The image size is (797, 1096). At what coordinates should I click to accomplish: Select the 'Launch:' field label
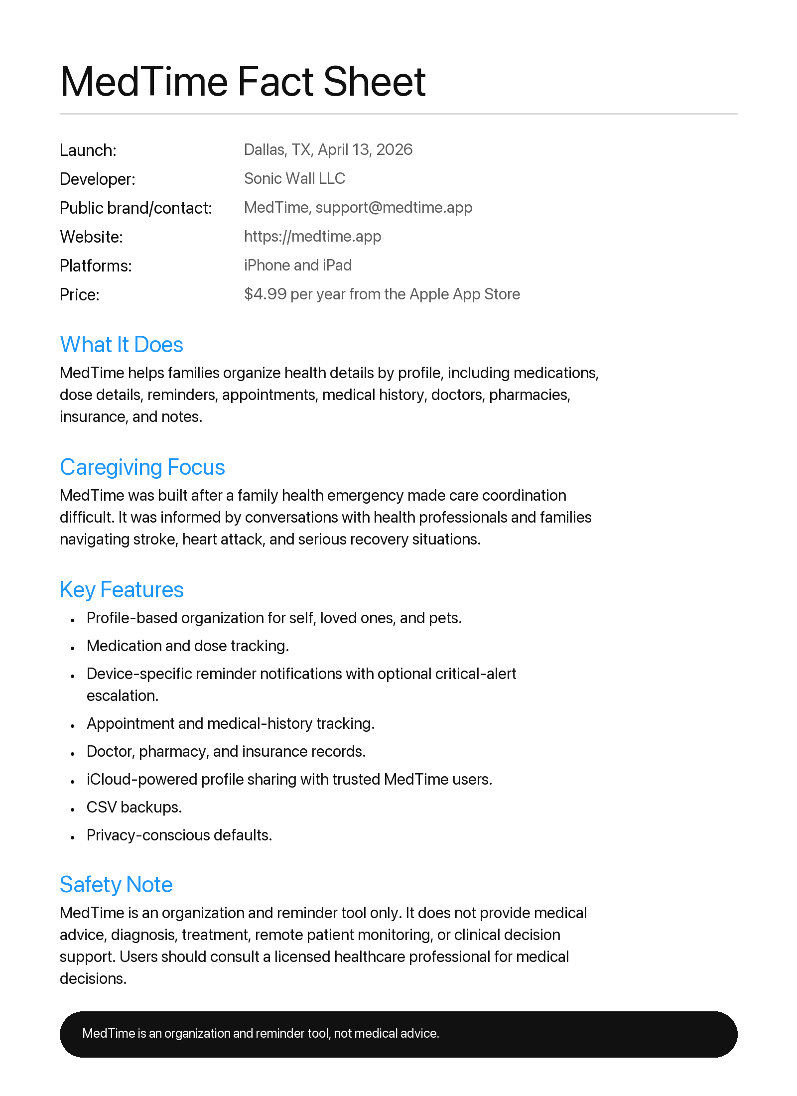(88, 150)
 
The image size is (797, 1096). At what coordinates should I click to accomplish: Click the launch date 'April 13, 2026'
(365, 149)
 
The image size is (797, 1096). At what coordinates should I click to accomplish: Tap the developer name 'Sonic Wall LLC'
(294, 178)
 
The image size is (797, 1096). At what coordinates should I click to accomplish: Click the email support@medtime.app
(394, 207)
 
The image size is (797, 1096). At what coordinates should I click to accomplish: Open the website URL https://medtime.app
(312, 236)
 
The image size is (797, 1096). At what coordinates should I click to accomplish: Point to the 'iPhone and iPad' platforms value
(297, 265)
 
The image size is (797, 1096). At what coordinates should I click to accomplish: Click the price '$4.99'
(265, 294)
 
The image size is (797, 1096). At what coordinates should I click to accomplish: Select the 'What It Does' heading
(122, 344)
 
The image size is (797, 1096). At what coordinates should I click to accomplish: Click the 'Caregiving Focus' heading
(142, 467)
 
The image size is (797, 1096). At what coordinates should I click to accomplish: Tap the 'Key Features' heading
(122, 589)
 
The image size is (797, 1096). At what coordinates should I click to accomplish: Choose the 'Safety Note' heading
(116, 884)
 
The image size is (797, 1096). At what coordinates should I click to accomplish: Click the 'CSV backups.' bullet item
(134, 807)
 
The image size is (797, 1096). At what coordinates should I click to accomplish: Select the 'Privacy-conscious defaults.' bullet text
(179, 835)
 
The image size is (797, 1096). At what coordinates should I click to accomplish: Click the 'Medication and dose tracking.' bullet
(188, 646)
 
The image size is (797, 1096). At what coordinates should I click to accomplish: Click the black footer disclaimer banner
(398, 1034)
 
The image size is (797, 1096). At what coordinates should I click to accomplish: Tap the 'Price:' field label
(80, 294)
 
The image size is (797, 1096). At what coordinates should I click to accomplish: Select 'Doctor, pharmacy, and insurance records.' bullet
(226, 751)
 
